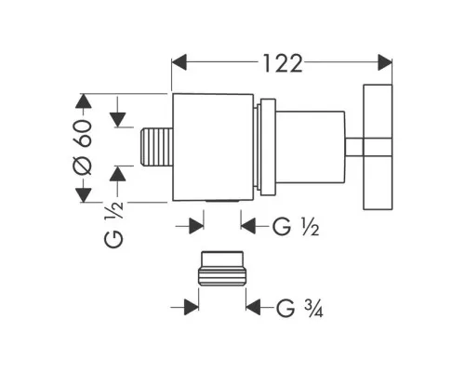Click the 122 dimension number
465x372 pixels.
tap(283, 63)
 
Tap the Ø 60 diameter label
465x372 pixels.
tap(83, 148)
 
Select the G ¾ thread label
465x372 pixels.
tap(299, 308)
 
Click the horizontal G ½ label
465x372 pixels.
tap(296, 227)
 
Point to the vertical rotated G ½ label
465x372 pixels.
tap(113, 224)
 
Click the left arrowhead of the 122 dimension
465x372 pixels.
tap(179, 62)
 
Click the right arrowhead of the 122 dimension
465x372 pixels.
tap(385, 62)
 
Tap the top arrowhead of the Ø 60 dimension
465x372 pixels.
tap(84, 100)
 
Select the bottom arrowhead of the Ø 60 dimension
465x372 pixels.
tap(84, 195)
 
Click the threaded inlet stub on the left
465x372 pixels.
tap(156, 147)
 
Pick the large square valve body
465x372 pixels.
tap(213, 147)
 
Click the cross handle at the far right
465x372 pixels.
tap(378, 147)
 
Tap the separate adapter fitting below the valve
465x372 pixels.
tap(222, 269)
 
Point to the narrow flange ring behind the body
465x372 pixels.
tap(268, 147)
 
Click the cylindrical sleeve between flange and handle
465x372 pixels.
tap(311, 147)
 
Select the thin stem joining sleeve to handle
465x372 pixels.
tap(354, 147)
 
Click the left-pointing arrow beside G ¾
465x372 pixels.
tap(253, 307)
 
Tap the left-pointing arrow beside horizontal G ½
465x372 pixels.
tap(248, 226)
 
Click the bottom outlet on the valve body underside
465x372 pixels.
tap(222, 202)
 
